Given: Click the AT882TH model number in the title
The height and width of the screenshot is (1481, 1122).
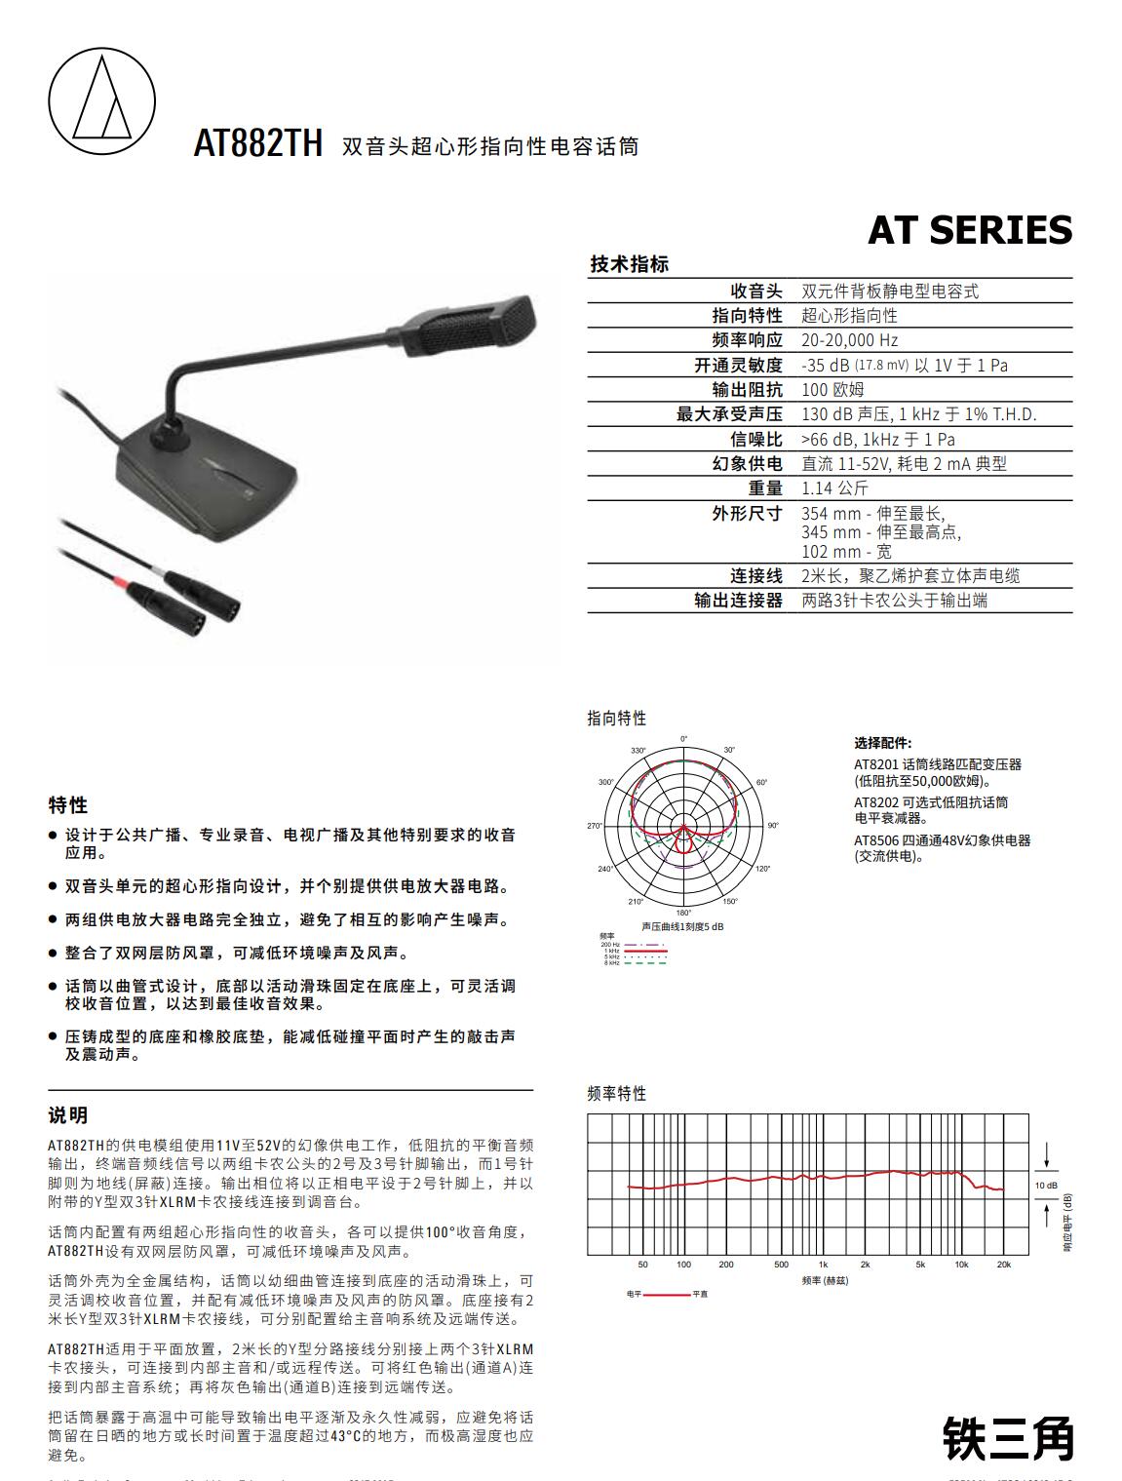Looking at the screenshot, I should [257, 144].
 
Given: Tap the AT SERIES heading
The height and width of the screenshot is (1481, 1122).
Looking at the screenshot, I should [969, 230].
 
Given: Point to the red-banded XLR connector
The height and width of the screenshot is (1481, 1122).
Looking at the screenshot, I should [140, 589].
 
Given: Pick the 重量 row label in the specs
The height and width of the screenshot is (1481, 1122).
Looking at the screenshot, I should [765, 488].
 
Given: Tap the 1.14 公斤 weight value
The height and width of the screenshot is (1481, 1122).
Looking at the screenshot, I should [833, 488].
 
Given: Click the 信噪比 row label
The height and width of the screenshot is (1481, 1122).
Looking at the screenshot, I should [756, 440].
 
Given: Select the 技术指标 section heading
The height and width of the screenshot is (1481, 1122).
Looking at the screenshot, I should [629, 264].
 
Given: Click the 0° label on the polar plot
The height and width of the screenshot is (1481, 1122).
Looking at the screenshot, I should [683, 738].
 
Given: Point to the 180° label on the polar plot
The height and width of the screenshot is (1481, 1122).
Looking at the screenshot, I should [683, 914].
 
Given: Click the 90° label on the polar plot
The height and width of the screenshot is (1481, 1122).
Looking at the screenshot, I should [773, 826].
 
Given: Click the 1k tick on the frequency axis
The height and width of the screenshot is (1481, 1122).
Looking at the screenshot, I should [823, 1265].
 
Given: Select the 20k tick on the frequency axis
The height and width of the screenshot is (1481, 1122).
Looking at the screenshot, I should [1004, 1265].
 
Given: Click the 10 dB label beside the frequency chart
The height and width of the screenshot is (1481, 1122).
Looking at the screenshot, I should [1045, 1186].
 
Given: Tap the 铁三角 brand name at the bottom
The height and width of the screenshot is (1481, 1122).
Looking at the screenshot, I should [1007, 1438].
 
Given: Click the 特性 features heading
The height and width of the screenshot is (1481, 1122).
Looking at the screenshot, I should [68, 805].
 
